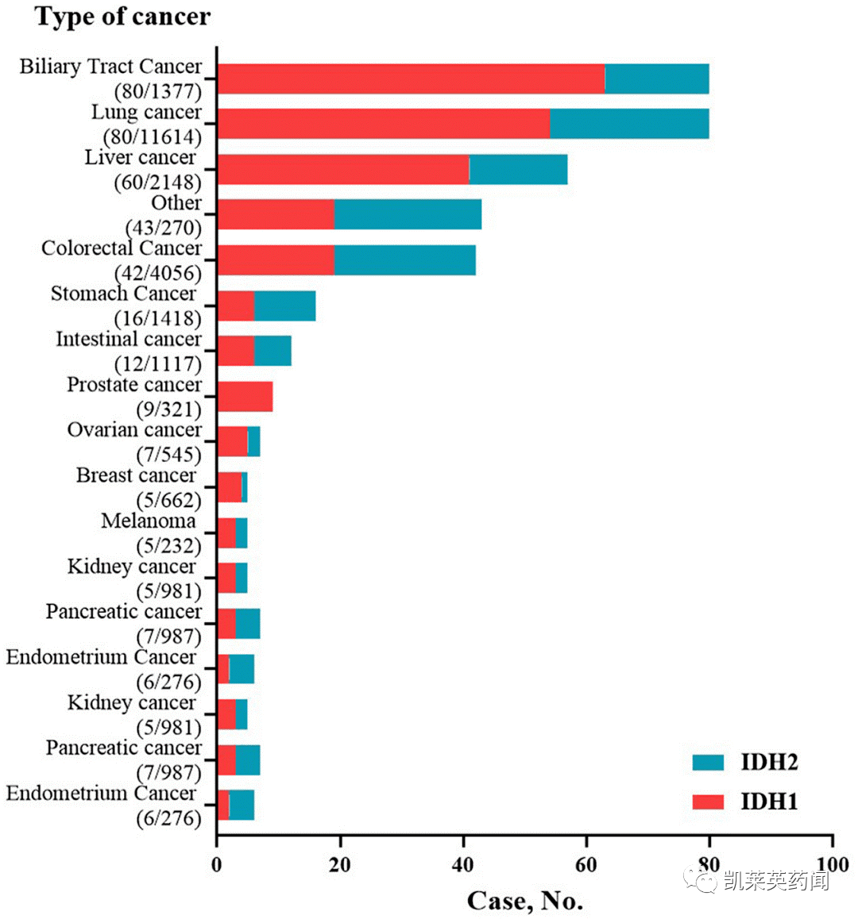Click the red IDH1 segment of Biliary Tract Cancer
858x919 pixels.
click(x=411, y=79)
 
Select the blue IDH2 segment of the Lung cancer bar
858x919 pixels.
click(x=629, y=125)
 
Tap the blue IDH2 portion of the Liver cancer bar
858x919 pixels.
click(x=518, y=170)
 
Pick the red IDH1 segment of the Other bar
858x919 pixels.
click(x=275, y=215)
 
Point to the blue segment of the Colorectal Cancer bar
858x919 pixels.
click(x=404, y=260)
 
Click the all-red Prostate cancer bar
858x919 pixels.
click(x=245, y=397)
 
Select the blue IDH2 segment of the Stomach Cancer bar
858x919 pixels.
click(x=284, y=306)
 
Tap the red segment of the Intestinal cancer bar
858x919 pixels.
click(x=235, y=351)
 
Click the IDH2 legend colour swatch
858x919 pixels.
click(x=708, y=763)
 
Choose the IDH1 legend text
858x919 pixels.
click(x=769, y=802)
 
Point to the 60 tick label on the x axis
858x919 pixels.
click(x=586, y=864)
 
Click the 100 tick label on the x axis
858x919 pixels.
click(x=831, y=864)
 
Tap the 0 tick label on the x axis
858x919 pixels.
click(x=217, y=864)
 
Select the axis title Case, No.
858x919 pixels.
click(x=524, y=901)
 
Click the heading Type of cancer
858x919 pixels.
click(x=123, y=17)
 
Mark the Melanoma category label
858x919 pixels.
click(x=148, y=521)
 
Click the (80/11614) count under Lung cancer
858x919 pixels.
click(x=153, y=137)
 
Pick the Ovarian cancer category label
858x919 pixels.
click(x=134, y=430)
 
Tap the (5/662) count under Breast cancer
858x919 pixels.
click(x=168, y=500)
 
